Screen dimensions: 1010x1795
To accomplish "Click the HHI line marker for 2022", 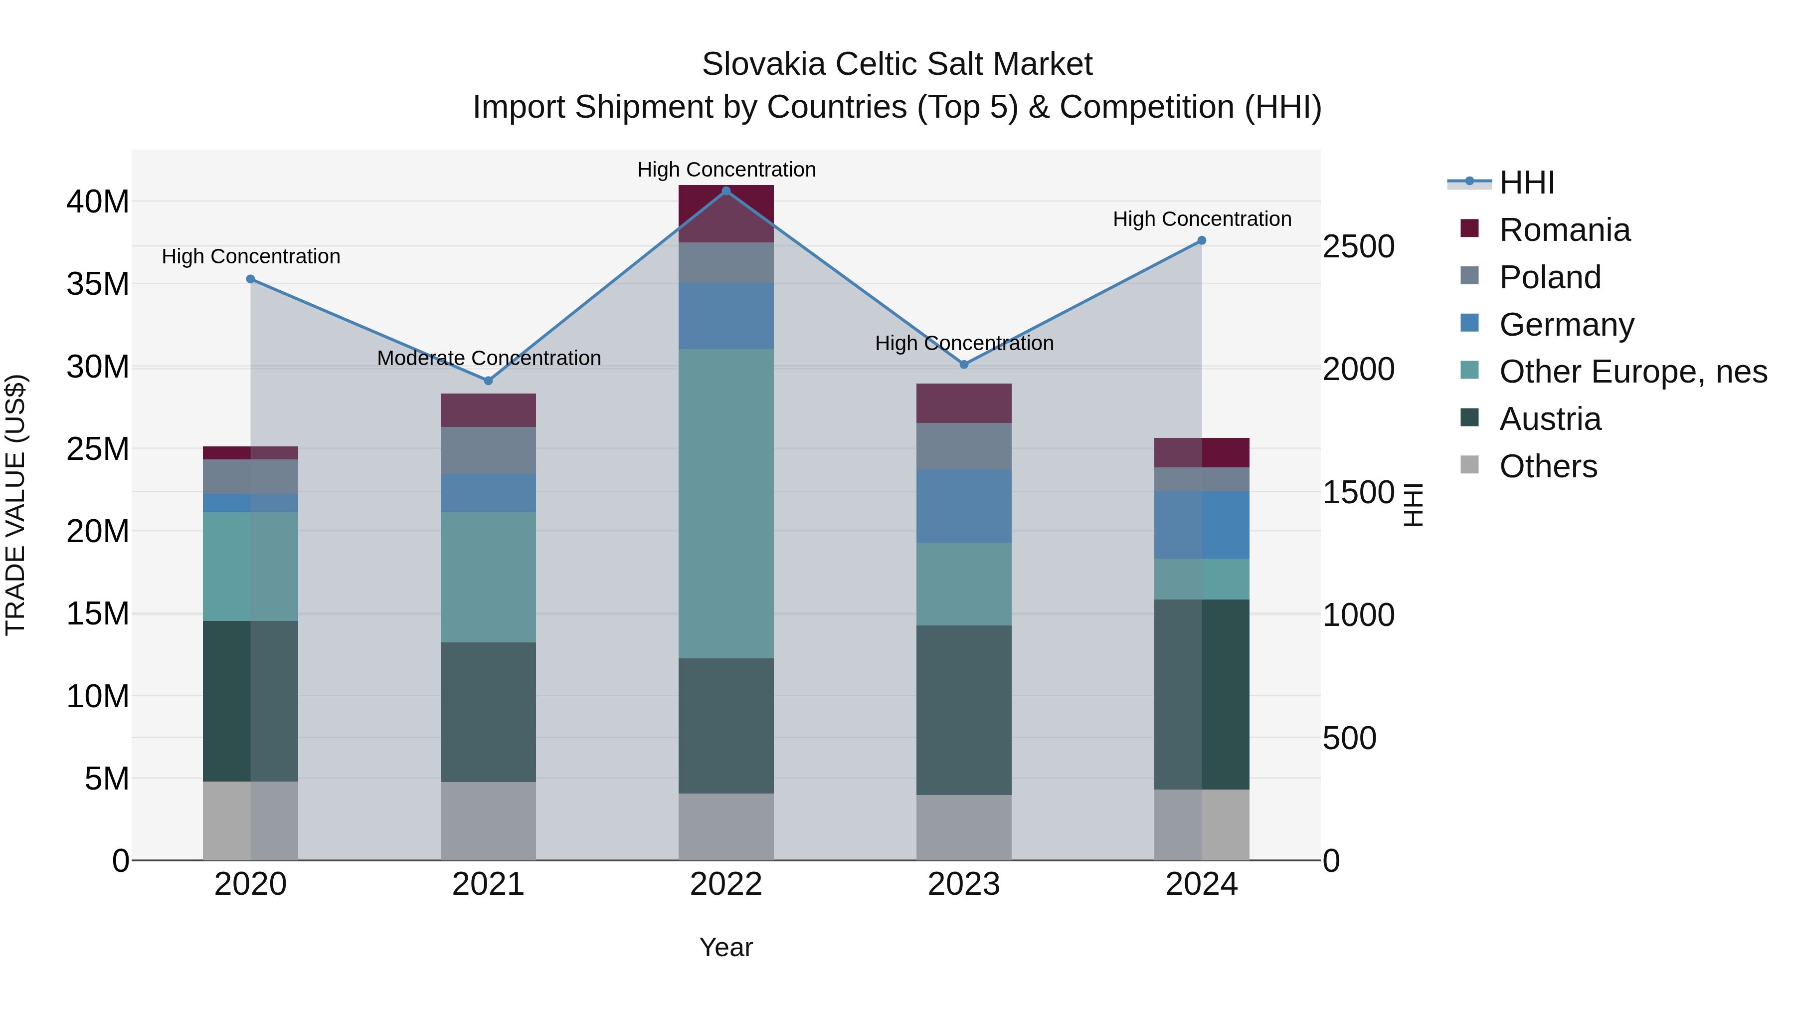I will (726, 191).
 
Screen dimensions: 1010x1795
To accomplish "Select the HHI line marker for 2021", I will (489, 381).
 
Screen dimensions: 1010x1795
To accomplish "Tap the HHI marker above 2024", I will (1201, 240).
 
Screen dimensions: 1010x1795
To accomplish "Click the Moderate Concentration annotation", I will (489, 358).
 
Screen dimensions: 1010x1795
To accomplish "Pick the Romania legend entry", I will (1564, 230).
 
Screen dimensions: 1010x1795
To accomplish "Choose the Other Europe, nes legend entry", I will (1632, 372).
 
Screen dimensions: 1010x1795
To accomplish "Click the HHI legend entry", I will (1526, 183).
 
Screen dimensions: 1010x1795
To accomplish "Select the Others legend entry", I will (1548, 466).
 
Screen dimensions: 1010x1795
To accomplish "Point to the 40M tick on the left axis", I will (98, 202).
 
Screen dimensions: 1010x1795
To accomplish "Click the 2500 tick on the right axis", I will (1358, 247).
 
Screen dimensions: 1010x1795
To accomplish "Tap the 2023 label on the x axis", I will (964, 884).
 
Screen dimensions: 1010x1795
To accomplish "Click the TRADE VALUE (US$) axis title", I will (15, 505).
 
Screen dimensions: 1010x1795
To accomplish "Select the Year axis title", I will (726, 947).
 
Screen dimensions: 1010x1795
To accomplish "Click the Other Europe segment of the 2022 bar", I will (726, 503).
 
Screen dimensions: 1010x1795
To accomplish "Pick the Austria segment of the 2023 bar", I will (964, 710).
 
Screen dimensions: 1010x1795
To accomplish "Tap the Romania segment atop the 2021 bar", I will (489, 410).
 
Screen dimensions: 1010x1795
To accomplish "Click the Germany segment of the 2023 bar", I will (964, 506).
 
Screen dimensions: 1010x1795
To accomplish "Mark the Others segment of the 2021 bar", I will (489, 820).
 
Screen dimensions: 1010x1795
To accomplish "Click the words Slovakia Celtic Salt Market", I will (897, 64).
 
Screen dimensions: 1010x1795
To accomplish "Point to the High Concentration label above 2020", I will (251, 256).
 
